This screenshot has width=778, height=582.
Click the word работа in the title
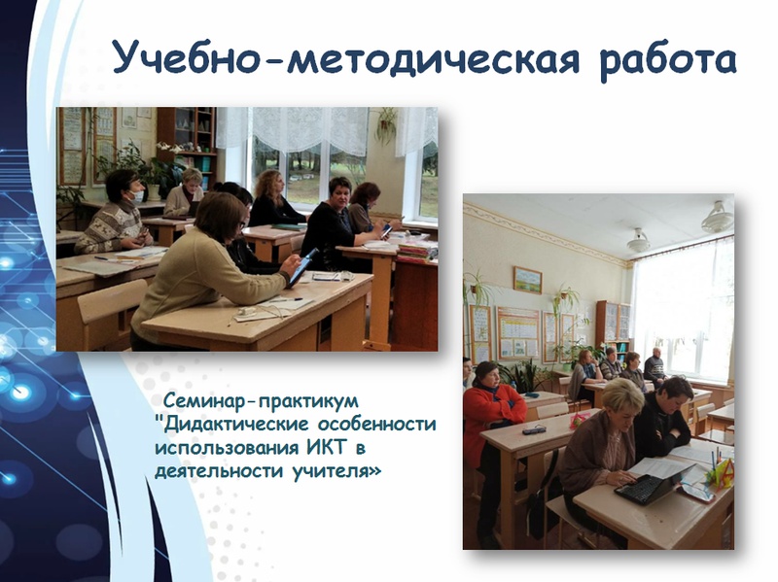pyautogui.click(x=668, y=61)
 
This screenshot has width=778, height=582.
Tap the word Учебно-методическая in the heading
pyautogui.click(x=346, y=58)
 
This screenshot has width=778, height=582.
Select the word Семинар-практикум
pyautogui.click(x=261, y=399)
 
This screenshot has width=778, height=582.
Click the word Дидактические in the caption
pyautogui.click(x=237, y=425)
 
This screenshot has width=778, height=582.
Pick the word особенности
pyautogui.click(x=376, y=425)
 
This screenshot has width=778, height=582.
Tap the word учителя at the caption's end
pyautogui.click(x=336, y=471)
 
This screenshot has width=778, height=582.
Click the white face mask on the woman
pyautogui.click(x=137, y=196)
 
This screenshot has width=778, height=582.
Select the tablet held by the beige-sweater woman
pyautogui.click(x=302, y=266)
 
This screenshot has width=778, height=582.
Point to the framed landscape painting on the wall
pyautogui.click(x=527, y=280)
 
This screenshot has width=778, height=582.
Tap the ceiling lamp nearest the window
pyautogui.click(x=718, y=218)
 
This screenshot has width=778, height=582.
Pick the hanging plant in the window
pyautogui.click(x=386, y=124)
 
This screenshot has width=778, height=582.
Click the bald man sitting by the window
pyautogui.click(x=654, y=366)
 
